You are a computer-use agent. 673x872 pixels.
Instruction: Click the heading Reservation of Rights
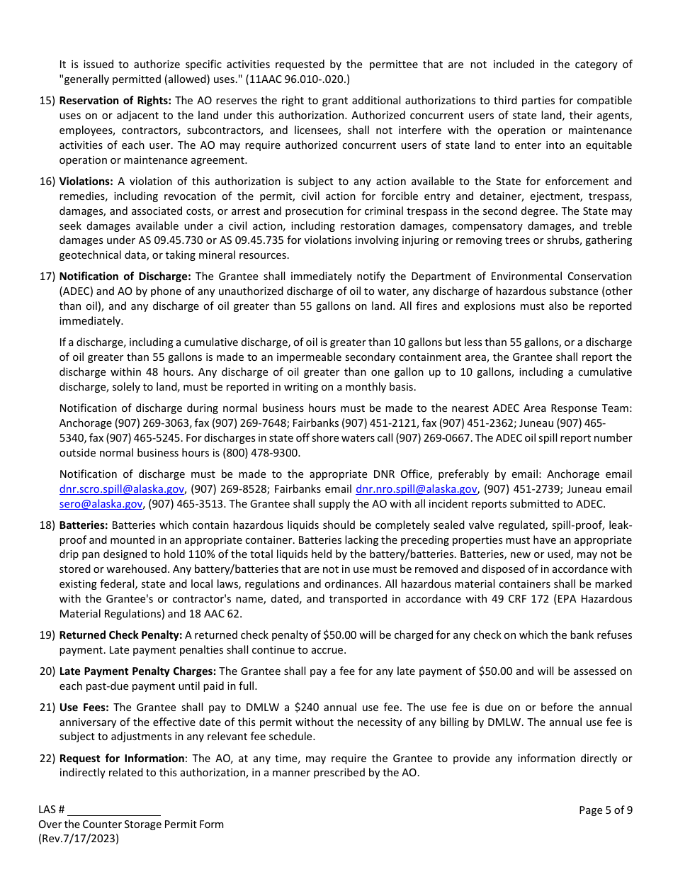[x=115, y=101]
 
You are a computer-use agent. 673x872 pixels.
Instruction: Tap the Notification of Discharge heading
[x=125, y=276]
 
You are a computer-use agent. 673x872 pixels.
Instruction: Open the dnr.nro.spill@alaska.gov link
[x=416, y=489]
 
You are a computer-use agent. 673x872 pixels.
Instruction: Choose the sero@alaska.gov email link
[x=101, y=504]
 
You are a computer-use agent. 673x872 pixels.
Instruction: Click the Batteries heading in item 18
[x=84, y=525]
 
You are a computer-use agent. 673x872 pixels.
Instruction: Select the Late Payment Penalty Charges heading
[x=137, y=671]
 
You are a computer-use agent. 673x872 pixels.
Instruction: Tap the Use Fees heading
[x=84, y=708]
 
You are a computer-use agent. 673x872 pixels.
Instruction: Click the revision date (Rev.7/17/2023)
[x=79, y=839]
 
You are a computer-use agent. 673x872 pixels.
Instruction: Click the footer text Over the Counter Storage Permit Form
[x=131, y=825]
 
